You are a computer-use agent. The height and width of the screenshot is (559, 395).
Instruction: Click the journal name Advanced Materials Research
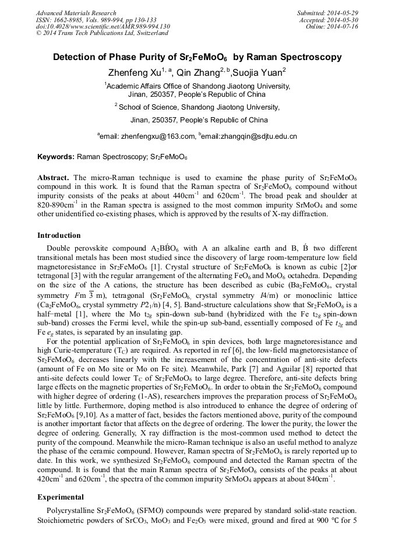pos(76,13)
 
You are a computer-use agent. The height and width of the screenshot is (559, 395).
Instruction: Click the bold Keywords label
pos(55,157)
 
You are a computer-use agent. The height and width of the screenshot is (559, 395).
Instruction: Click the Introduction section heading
pos(59,235)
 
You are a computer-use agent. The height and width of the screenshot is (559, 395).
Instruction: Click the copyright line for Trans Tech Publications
pos(102,34)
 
